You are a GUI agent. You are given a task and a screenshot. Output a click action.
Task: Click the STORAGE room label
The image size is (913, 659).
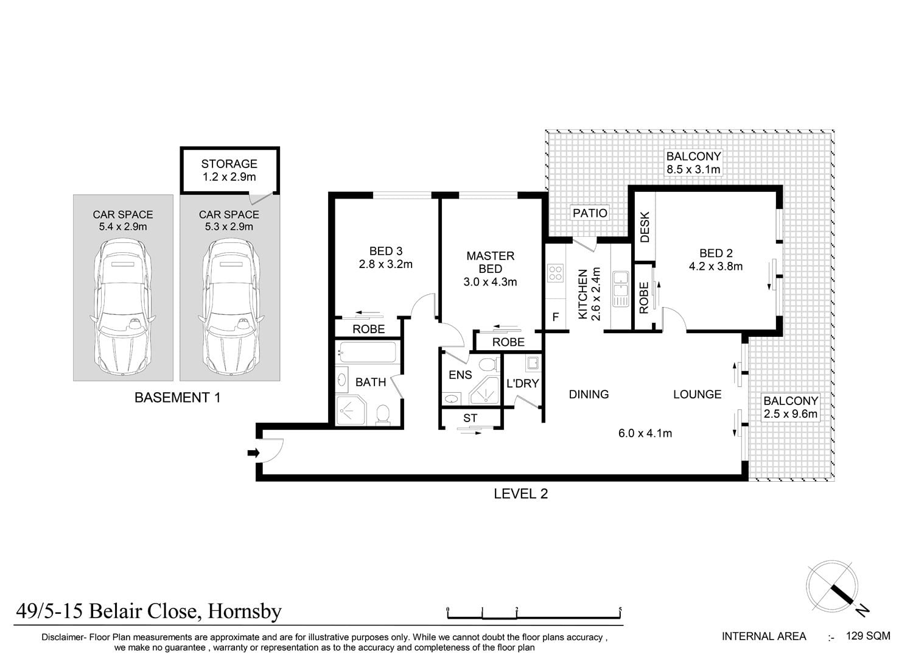pyautogui.click(x=229, y=164)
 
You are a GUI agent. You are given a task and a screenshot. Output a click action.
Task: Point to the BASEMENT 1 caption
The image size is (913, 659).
pyautogui.click(x=177, y=398)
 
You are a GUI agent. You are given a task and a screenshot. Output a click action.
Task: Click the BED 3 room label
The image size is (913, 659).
pyautogui.click(x=386, y=251)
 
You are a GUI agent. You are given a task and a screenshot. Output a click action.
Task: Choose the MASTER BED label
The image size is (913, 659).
pyautogui.click(x=490, y=262)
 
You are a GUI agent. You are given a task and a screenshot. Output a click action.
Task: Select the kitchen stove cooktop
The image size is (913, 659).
pyautogui.click(x=555, y=272)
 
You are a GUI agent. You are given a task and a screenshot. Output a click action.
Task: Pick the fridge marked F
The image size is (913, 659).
pyautogui.click(x=555, y=317)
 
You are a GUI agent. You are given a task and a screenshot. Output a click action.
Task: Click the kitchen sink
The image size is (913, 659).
pyautogui.click(x=620, y=287)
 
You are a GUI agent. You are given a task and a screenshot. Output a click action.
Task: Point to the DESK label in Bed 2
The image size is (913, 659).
pyautogui.click(x=645, y=227)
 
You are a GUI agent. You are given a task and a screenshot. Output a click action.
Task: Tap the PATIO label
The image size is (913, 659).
pyautogui.click(x=590, y=213)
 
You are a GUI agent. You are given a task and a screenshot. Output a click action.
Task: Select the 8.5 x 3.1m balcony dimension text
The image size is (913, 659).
pyautogui.click(x=693, y=169)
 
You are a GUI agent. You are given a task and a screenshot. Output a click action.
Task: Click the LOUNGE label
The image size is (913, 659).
pyautogui.click(x=697, y=394)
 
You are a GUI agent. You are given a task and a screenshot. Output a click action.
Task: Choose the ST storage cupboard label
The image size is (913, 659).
pyautogui.click(x=470, y=418)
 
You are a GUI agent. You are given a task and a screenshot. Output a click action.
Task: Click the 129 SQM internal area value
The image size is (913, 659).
pyautogui.click(x=868, y=636)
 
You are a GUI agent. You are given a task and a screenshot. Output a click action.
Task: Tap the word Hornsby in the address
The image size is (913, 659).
pyautogui.click(x=245, y=610)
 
